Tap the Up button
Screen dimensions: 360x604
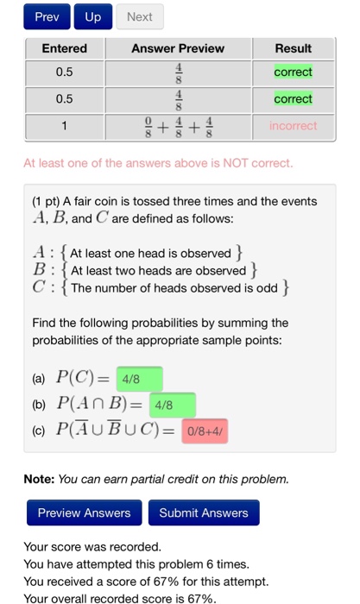[92, 17]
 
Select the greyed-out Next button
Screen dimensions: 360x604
[139, 17]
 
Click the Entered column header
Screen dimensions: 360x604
[65, 48]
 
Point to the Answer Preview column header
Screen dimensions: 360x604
[178, 48]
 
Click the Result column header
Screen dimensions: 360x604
[293, 48]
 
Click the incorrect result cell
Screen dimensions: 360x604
[293, 126]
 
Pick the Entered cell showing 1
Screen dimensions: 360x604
[65, 126]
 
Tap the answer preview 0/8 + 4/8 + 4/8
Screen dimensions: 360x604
[178, 126]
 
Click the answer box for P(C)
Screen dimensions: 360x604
[138, 379]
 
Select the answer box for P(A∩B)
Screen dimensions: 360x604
[172, 405]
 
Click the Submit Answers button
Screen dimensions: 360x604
[203, 513]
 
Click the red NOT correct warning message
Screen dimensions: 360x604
[158, 162]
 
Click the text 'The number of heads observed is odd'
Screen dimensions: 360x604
[174, 287]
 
